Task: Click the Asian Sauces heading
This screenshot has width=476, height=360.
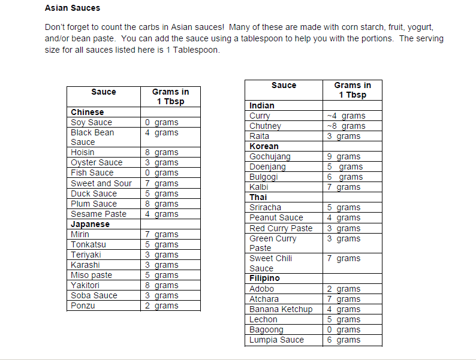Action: [73, 8]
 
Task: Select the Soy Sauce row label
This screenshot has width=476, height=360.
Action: [91, 122]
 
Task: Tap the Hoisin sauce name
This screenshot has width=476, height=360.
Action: [83, 152]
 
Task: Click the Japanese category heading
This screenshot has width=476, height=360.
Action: [90, 224]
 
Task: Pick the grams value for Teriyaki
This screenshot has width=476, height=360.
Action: [161, 255]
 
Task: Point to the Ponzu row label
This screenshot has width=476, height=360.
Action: [83, 305]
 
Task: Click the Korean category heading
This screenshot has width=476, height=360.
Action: [264, 146]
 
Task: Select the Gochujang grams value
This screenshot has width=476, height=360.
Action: [344, 156]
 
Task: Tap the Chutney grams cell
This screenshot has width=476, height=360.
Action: [346, 126]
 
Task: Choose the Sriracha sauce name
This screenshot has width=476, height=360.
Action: [265, 207]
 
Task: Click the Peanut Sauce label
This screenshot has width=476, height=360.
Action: [276, 217]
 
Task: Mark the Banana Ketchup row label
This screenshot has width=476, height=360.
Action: [281, 309]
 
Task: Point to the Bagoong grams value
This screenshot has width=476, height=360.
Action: [344, 329]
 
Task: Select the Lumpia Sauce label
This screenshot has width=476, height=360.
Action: [276, 340]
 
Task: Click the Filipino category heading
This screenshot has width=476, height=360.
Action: [264, 278]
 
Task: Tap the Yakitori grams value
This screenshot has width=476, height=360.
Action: [161, 285]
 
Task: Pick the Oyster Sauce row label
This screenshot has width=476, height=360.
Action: [97, 162]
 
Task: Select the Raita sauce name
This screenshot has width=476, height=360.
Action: [260, 136]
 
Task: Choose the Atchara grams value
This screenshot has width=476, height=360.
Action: [344, 299]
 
